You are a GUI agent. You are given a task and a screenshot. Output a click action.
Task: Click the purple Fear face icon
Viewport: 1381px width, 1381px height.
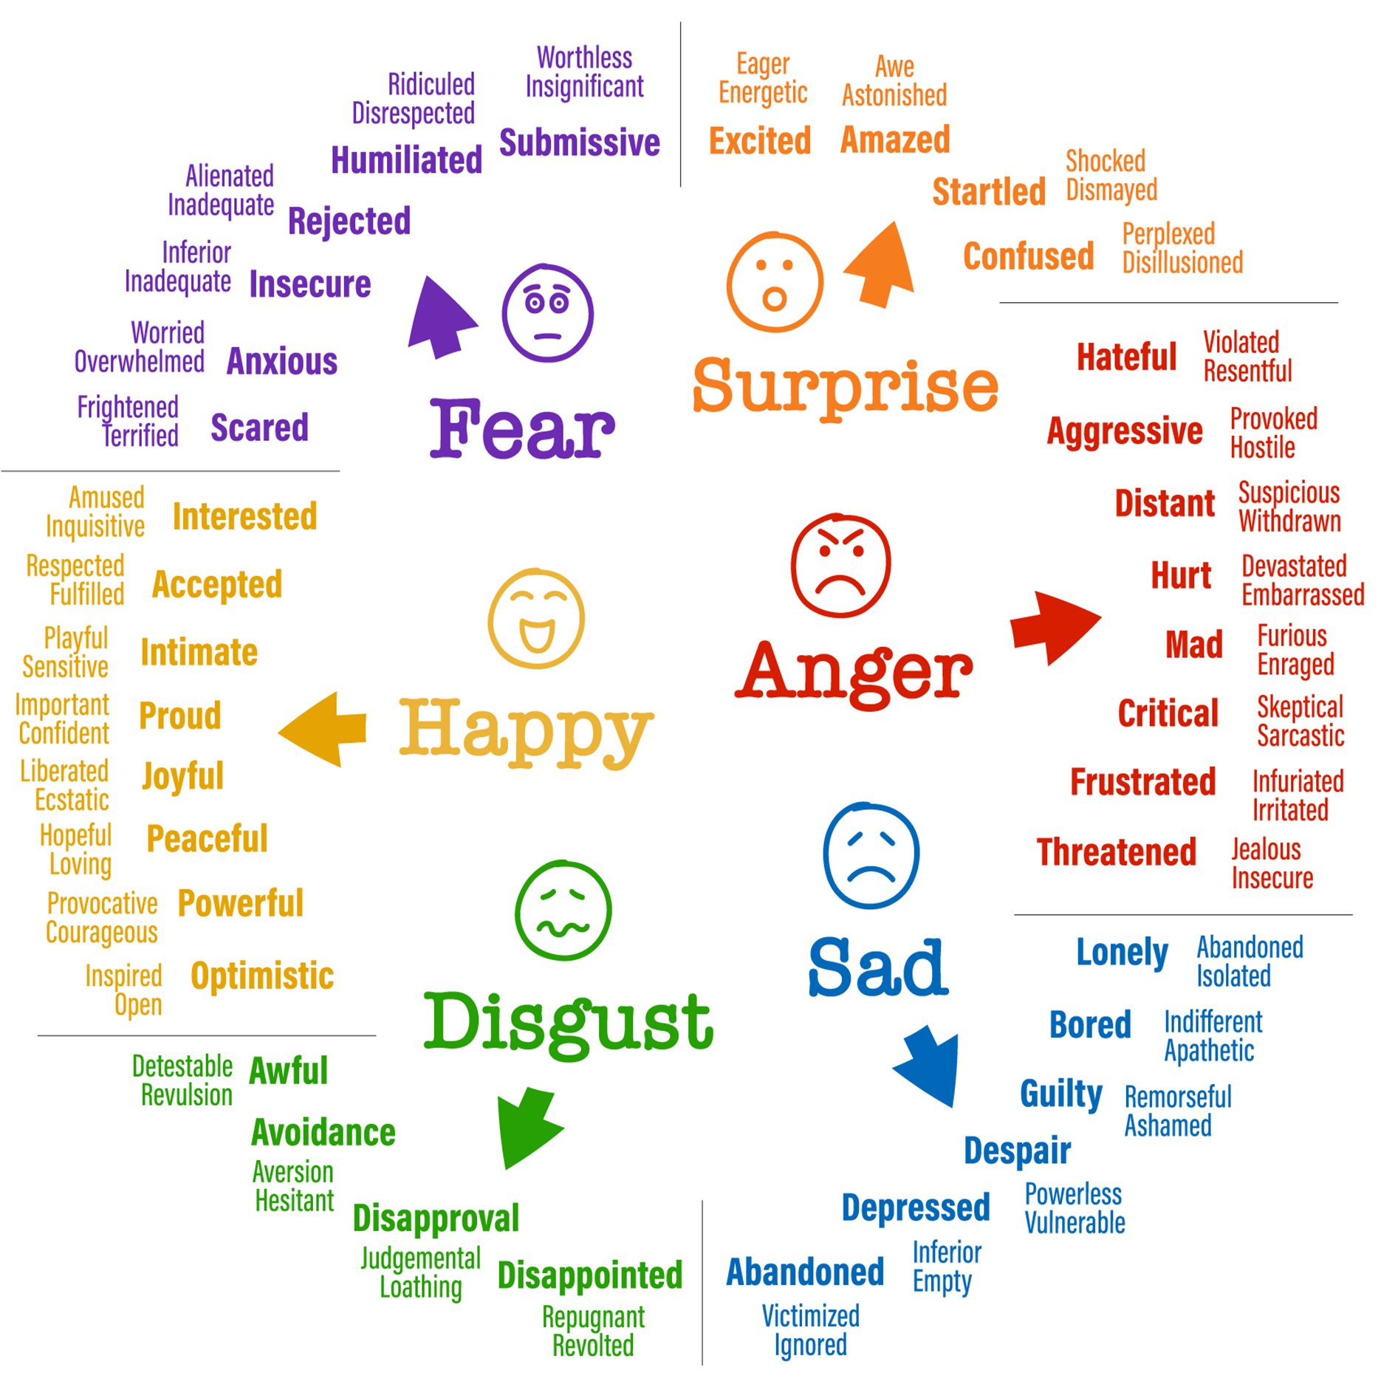point(547,312)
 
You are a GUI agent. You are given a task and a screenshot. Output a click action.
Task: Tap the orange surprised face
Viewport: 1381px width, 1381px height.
point(775,282)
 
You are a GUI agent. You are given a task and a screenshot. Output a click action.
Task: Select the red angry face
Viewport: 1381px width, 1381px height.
point(840,565)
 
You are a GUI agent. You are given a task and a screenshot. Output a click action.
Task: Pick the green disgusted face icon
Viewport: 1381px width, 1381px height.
point(563,910)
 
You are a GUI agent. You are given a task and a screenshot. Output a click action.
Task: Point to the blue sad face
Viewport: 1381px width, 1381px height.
point(871,854)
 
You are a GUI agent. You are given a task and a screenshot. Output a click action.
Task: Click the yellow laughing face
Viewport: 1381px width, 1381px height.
point(536,619)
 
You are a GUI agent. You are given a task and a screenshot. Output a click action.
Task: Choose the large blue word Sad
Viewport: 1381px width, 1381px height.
point(878,967)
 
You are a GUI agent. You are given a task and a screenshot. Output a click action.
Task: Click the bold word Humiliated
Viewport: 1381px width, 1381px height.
point(406,160)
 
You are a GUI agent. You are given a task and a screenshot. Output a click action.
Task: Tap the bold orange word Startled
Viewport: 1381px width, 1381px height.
point(989,192)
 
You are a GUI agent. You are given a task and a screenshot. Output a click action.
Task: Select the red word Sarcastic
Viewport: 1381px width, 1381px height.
point(1301,736)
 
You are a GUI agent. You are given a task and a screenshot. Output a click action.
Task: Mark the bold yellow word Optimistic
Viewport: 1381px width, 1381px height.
point(262,976)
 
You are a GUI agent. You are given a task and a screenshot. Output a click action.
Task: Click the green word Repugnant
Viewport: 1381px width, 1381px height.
point(593,1317)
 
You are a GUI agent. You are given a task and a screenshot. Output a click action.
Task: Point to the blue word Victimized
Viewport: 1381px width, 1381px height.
point(810,1316)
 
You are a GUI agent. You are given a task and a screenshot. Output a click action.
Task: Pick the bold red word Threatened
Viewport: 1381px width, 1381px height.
point(1116,852)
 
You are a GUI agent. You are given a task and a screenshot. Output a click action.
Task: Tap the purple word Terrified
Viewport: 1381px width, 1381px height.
point(140,436)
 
